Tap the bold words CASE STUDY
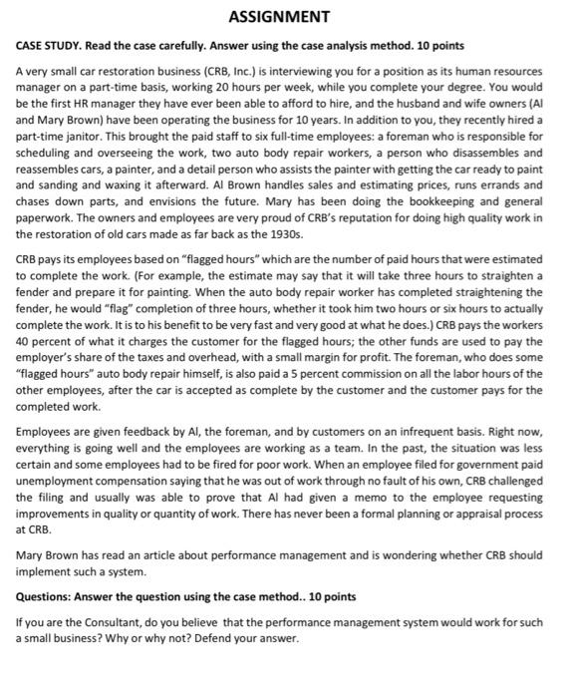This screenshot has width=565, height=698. (x=50, y=46)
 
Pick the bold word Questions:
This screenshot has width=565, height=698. (x=49, y=596)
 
